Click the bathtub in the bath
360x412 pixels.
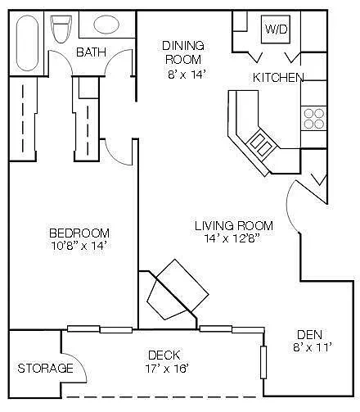[27, 43]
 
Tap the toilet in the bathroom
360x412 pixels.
[61, 29]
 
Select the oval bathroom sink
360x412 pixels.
[106, 25]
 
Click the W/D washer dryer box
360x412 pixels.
[276, 29]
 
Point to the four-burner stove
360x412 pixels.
[313, 119]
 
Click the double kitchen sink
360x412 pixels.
[261, 143]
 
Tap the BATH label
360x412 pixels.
[91, 52]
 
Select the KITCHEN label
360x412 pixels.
[278, 78]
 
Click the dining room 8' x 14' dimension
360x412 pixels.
[186, 75]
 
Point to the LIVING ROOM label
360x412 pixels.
[234, 226]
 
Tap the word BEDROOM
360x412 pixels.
[79, 233]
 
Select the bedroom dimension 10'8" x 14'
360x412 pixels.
[79, 246]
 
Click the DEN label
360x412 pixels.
[309, 335]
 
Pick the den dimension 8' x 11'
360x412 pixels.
[313, 347]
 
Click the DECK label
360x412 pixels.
[164, 355]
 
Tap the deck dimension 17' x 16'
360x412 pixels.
[167, 369]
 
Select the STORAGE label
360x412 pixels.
[45, 369]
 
